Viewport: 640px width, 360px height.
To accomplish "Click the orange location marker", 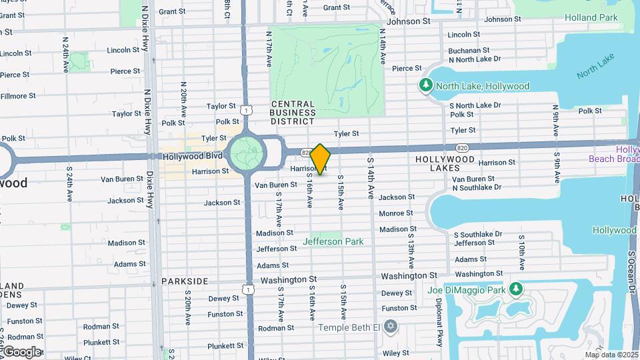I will coord(321,159).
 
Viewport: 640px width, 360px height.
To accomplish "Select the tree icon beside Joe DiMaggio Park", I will coord(515,289).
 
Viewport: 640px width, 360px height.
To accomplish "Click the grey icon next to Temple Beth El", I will coord(391,327).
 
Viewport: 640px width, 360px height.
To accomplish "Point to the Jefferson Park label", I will coord(333,241).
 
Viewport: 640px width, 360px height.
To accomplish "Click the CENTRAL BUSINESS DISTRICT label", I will coord(293,113).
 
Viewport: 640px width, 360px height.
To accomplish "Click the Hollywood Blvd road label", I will coord(192,155).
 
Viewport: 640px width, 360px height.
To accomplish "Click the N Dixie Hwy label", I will coord(145,29).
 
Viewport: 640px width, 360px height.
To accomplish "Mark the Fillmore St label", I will coord(18,96).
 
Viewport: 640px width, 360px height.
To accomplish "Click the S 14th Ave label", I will coord(371,178).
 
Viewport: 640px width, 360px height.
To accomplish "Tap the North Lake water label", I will coord(595,67).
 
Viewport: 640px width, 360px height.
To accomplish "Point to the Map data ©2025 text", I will coord(611,355).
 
